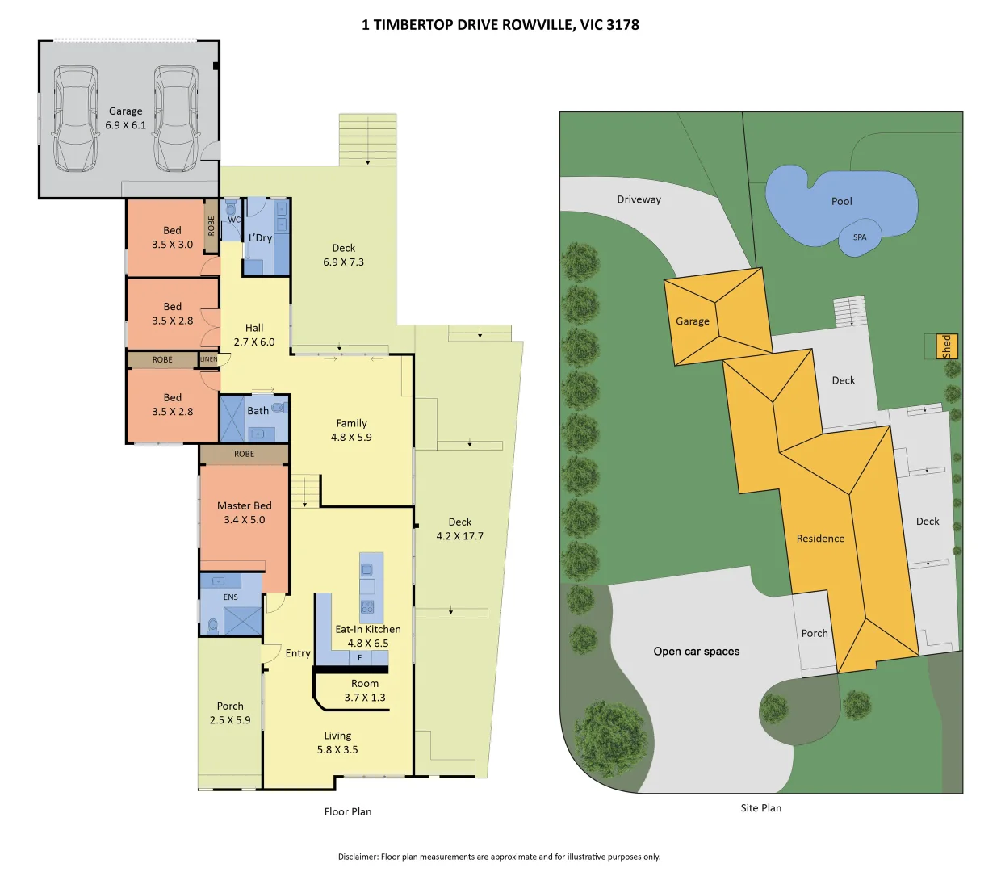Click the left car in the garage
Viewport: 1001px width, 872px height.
pyautogui.click(x=76, y=119)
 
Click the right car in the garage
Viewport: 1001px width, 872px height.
pyautogui.click(x=176, y=119)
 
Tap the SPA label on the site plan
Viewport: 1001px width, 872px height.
pyautogui.click(x=860, y=237)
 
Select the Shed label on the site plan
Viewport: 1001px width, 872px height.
pyautogui.click(x=946, y=346)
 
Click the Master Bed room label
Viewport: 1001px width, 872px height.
pyautogui.click(x=245, y=506)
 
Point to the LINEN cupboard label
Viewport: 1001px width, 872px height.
pyautogui.click(x=209, y=359)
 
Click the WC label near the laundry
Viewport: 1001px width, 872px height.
pyautogui.click(x=234, y=220)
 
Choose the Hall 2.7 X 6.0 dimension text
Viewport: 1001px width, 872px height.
pyautogui.click(x=254, y=342)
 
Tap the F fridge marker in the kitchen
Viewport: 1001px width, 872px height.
pyautogui.click(x=360, y=658)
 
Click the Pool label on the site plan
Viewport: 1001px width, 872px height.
pyautogui.click(x=842, y=202)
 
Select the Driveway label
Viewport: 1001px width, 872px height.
pyautogui.click(x=639, y=199)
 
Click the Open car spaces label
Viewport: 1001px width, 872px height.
pyautogui.click(x=697, y=652)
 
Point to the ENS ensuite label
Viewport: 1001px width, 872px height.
pyautogui.click(x=231, y=597)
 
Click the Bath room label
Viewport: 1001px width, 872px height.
pyautogui.click(x=258, y=411)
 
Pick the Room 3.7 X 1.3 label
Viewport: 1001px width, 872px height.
pyautogui.click(x=365, y=690)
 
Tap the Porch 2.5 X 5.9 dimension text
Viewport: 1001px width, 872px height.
pyautogui.click(x=230, y=720)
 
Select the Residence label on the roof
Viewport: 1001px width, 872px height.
pyautogui.click(x=820, y=539)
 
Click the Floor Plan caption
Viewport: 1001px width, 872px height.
pyautogui.click(x=348, y=811)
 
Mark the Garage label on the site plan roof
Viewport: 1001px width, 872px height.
pyautogui.click(x=693, y=321)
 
